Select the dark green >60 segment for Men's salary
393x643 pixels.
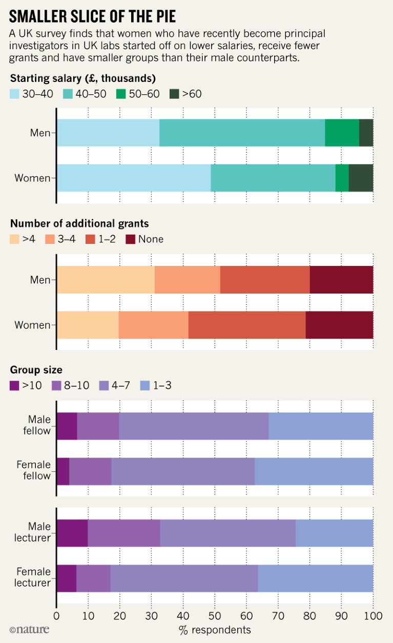tap(366, 133)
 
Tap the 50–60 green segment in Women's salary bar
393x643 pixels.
tap(342, 178)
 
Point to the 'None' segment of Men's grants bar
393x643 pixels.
tap(341, 280)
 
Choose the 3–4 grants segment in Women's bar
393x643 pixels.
tap(153, 325)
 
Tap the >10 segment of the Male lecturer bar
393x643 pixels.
tap(72, 533)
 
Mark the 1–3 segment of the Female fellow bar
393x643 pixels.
tap(314, 471)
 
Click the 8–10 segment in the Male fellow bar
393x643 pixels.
tap(98, 425)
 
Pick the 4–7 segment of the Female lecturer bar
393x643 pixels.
tap(184, 578)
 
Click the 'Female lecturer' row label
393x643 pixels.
tap(34, 577)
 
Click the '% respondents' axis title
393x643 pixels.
tap(215, 630)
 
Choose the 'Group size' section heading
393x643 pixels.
tap(36, 369)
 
